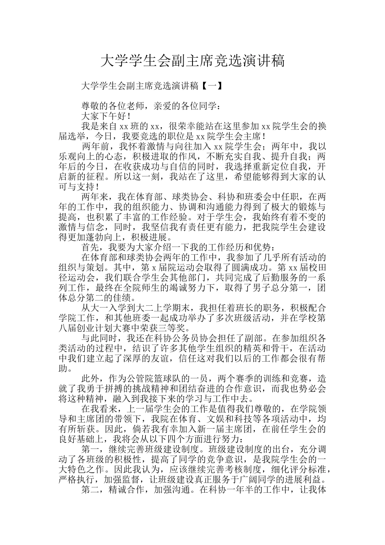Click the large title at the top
(x=192, y=61)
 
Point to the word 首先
(x=91, y=247)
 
